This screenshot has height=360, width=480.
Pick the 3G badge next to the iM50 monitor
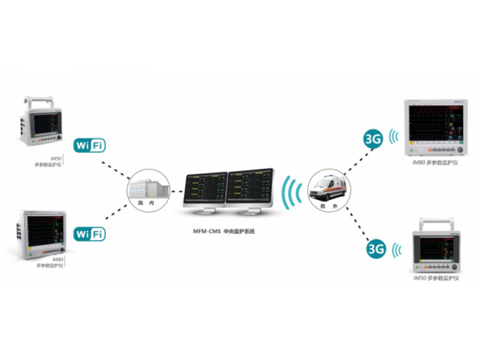(x=376, y=250)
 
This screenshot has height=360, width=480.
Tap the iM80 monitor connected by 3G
(x=436, y=128)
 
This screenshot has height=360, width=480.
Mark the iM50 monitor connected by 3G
(x=436, y=243)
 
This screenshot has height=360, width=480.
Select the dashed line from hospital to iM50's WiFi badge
(x=118, y=165)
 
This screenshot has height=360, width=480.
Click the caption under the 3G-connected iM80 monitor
(x=435, y=162)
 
